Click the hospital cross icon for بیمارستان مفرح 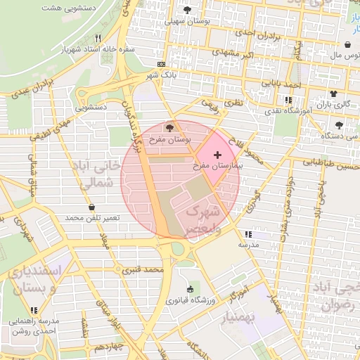point(217,154)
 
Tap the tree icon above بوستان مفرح point(169,127)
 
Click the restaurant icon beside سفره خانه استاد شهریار point(98,38)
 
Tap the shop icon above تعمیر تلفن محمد point(92,207)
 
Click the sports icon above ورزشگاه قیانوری point(189,289)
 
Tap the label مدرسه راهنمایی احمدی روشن point(34,326)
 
